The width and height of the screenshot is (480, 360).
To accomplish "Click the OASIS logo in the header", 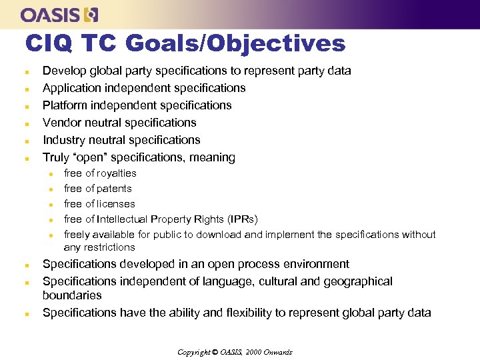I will [59, 14].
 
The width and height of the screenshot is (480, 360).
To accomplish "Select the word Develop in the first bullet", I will [64, 71].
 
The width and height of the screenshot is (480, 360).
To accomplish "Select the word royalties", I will [117, 173].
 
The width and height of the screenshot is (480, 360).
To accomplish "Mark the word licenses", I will [116, 204].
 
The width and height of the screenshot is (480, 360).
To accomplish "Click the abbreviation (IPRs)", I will [242, 219].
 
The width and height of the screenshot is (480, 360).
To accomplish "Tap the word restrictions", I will [109, 247].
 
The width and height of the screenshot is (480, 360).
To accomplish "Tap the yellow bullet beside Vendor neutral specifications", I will [26, 123].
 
